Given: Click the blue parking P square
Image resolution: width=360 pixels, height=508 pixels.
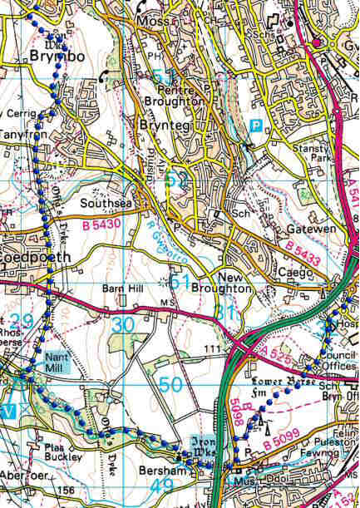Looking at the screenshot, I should [x=258, y=126].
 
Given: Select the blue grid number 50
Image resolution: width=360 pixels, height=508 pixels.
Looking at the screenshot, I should [x=170, y=385].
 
